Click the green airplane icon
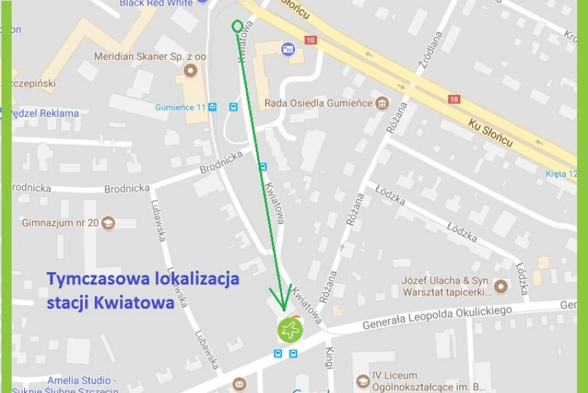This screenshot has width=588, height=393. (x=290, y=330)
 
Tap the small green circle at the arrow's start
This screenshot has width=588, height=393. (x=237, y=27)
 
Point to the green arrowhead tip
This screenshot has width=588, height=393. (x=283, y=310)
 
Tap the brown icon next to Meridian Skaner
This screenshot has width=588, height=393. (x=191, y=70)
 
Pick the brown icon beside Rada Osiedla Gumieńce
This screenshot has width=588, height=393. (x=382, y=104)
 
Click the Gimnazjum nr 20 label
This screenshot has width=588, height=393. (x=60, y=223)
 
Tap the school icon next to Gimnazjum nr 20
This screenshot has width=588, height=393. (x=108, y=223)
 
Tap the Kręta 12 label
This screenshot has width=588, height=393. (x=561, y=174)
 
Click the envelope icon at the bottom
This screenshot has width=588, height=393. (x=239, y=384)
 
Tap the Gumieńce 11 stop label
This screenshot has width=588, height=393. (x=180, y=107)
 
